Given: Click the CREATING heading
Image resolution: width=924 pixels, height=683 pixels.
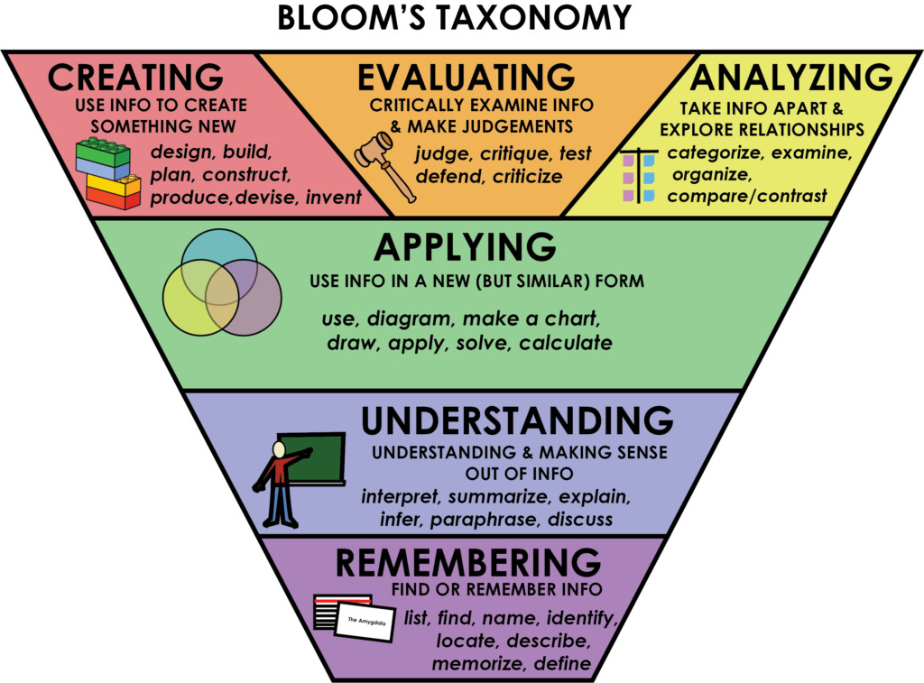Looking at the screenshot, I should coord(135,78).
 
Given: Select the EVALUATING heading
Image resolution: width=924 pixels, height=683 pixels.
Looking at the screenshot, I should coord(466,78).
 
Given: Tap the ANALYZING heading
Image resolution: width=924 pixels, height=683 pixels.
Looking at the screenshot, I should coord(790,78).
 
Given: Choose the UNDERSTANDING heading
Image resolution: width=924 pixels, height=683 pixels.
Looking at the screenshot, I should coord(517,421).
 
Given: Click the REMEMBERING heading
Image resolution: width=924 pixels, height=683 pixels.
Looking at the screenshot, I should coord(467,563).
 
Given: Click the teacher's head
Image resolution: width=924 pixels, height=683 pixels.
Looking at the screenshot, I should coord(279,448).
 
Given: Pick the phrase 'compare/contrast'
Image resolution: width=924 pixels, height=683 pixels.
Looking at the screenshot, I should coord(746,195).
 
